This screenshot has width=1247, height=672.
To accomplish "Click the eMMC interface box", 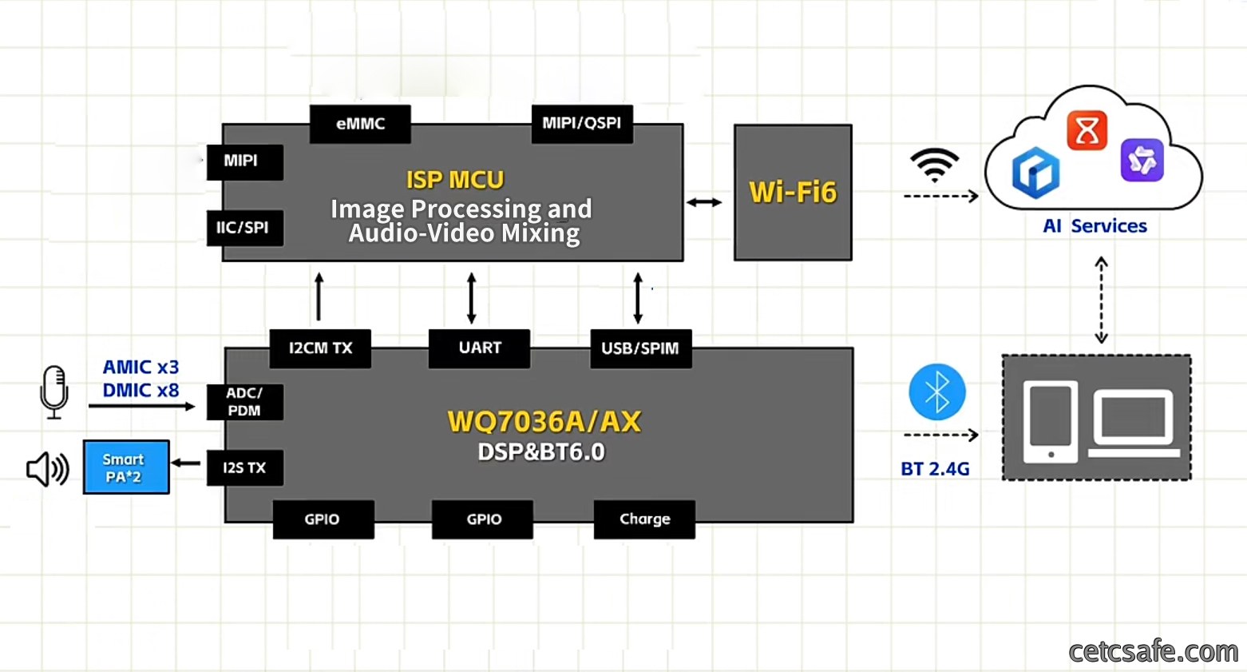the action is coord(360,124).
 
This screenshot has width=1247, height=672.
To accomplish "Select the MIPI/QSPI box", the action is coord(582,124).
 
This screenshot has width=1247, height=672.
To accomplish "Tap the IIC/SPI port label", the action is coord(245,228).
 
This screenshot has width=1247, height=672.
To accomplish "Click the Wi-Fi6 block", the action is coord(793,193).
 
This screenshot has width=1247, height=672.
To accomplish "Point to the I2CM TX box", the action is coord(320,348).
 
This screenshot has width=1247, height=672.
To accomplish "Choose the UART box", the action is coord(479,348).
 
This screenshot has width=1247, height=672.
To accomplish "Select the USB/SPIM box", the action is coord(641,348).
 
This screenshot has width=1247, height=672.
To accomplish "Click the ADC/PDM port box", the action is coord(245,402).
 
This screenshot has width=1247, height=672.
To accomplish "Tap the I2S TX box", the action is coord(245,467).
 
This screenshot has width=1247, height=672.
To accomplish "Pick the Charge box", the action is coord(644,519).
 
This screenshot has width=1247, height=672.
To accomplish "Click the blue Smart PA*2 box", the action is coord(126,467).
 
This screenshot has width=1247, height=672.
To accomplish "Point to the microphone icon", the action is coord(54,392).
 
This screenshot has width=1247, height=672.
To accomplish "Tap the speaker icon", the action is coord(48,469).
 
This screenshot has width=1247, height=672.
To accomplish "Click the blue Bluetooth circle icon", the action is coord(937,392).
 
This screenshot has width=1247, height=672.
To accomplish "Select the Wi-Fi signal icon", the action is coord(935,165).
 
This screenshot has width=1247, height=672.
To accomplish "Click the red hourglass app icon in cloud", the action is coord(1087,130).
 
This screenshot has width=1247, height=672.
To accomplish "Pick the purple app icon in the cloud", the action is coord(1142,161).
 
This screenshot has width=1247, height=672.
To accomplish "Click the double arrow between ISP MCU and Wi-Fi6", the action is coord(704,202).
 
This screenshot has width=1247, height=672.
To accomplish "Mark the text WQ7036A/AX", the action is coord(544,422).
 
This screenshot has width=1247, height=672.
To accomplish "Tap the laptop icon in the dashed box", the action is coord(1134,423).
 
